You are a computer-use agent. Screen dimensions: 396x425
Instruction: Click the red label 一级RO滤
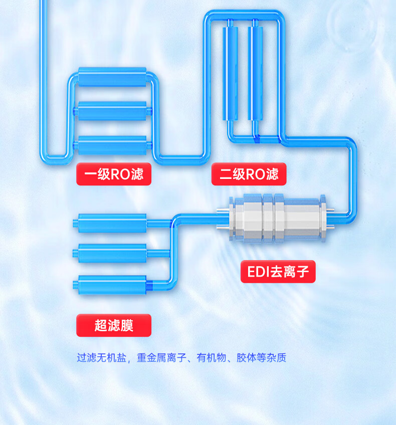pyautogui.click(x=114, y=174)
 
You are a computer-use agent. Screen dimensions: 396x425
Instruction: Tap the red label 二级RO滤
pyautogui.click(x=249, y=174)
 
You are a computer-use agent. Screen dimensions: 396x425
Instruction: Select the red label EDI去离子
pyautogui.click(x=278, y=272)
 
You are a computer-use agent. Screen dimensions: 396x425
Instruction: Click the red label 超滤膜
pyautogui.click(x=114, y=325)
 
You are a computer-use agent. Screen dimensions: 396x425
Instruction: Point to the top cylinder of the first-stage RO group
pyautogui.click(x=112, y=77)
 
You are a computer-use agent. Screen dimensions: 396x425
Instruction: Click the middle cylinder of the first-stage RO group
pyautogui.click(x=112, y=111)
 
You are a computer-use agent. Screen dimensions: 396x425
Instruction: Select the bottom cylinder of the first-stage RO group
pyautogui.click(x=112, y=145)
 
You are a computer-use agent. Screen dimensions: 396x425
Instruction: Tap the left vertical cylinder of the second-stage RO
pyautogui.click(x=230, y=73)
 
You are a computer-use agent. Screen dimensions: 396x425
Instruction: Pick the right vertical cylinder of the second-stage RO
pyautogui.click(x=255, y=73)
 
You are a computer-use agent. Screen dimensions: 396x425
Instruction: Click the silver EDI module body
pyautogui.click(x=277, y=218)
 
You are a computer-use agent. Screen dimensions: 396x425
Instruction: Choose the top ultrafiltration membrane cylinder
pyautogui.click(x=110, y=223)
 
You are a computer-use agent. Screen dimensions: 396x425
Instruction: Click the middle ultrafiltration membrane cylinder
pyautogui.click(x=110, y=253)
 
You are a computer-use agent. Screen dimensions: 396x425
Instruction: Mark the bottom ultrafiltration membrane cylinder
pyautogui.click(x=110, y=285)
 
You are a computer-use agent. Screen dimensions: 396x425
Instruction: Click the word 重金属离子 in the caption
pyautogui.click(x=161, y=358)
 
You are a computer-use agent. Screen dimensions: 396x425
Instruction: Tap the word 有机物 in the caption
pyautogui.click(x=212, y=358)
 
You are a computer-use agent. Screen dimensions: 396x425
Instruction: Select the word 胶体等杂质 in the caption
pyautogui.click(x=261, y=358)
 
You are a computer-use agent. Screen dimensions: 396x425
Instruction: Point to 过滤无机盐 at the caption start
pyautogui.click(x=102, y=358)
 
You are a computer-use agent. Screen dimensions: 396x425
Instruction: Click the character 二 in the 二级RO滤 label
pyautogui.click(x=226, y=174)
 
